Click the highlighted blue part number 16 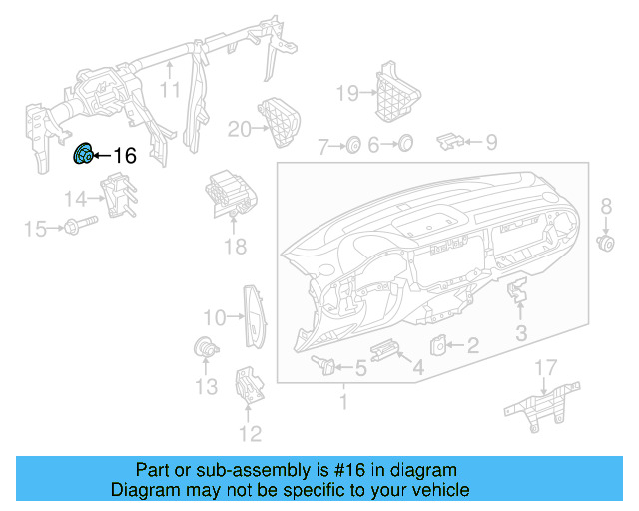tap(85, 155)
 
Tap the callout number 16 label tap(124, 156)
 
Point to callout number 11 tap(171, 91)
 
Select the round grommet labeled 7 tap(352, 146)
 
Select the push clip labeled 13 tap(204, 348)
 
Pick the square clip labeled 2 tap(439, 345)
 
